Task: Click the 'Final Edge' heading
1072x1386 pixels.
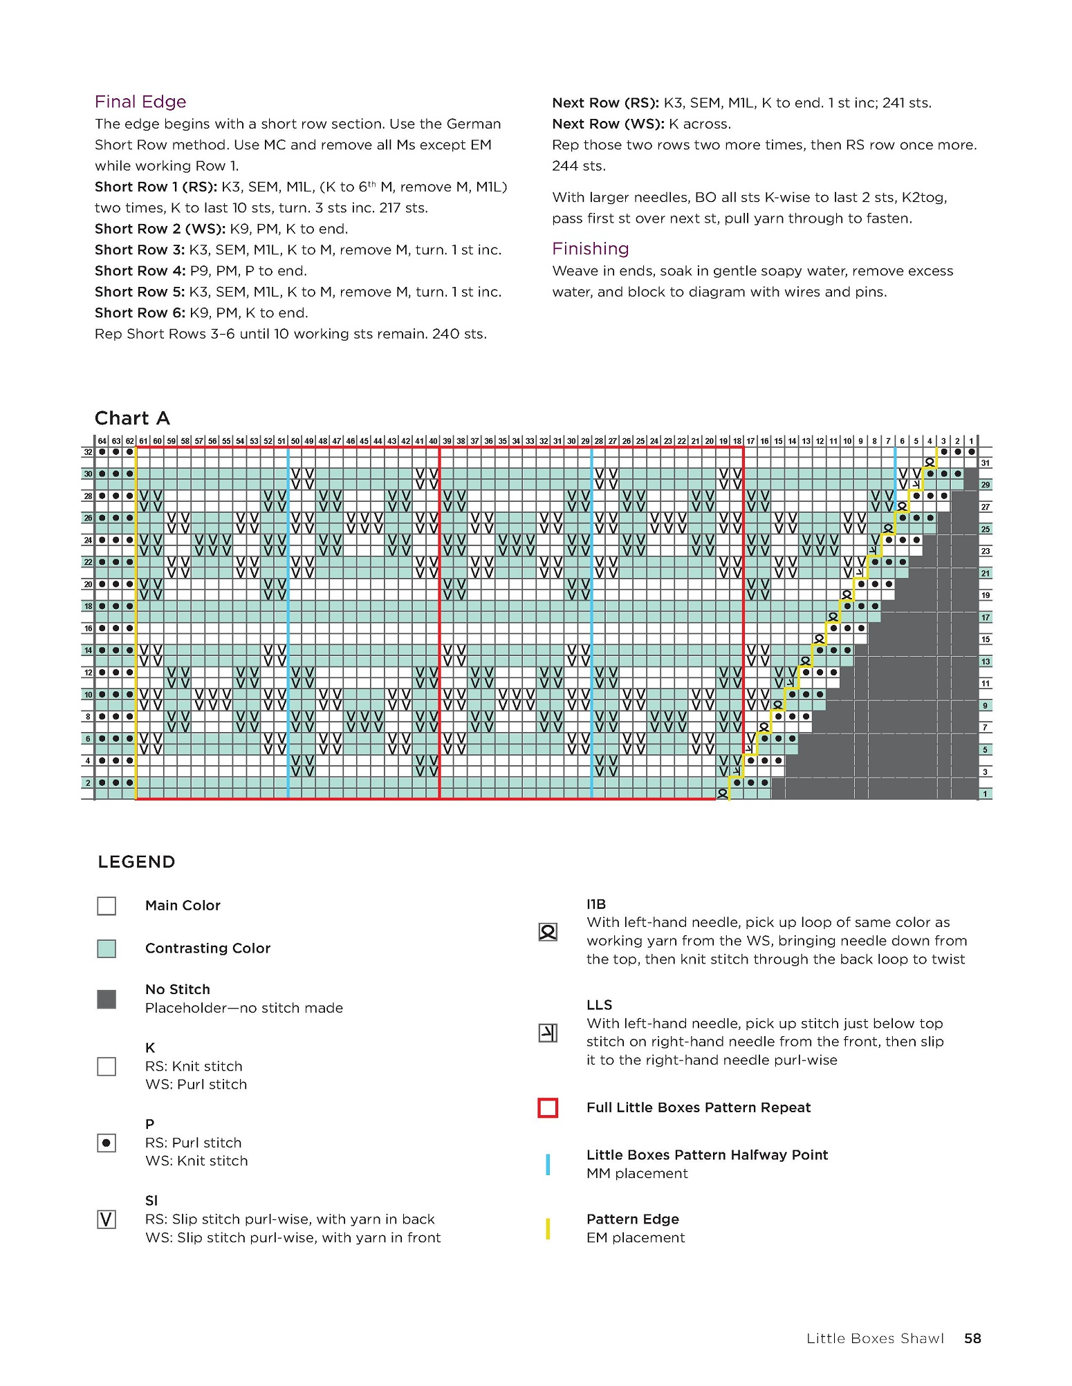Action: pyautogui.click(x=140, y=102)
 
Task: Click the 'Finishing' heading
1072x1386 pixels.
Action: pyautogui.click(x=590, y=249)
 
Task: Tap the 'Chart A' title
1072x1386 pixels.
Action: pyautogui.click(x=132, y=418)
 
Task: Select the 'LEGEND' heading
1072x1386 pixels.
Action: pyautogui.click(x=136, y=862)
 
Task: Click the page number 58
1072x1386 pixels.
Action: pyautogui.click(x=972, y=1338)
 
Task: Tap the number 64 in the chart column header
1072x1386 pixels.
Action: pyautogui.click(x=102, y=441)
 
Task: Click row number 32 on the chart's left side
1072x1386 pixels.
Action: pyautogui.click(x=88, y=452)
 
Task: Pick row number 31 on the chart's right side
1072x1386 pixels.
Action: pyautogui.click(x=985, y=463)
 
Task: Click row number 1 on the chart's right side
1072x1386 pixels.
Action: pyautogui.click(x=985, y=794)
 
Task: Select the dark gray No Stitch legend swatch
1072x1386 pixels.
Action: pyautogui.click(x=107, y=999)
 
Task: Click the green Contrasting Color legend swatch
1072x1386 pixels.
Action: pyautogui.click(x=107, y=948)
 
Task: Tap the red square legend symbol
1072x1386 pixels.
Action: pyautogui.click(x=548, y=1108)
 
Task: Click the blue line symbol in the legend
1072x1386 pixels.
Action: pyautogui.click(x=548, y=1164)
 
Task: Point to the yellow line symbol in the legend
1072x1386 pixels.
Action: pyautogui.click(x=548, y=1228)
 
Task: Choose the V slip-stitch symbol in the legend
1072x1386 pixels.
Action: pyautogui.click(x=107, y=1219)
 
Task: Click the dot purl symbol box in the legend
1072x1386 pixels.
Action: pyautogui.click(x=107, y=1143)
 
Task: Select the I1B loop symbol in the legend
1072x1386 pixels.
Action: pyautogui.click(x=548, y=933)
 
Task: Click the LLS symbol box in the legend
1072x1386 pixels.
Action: pyautogui.click(x=548, y=1033)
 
